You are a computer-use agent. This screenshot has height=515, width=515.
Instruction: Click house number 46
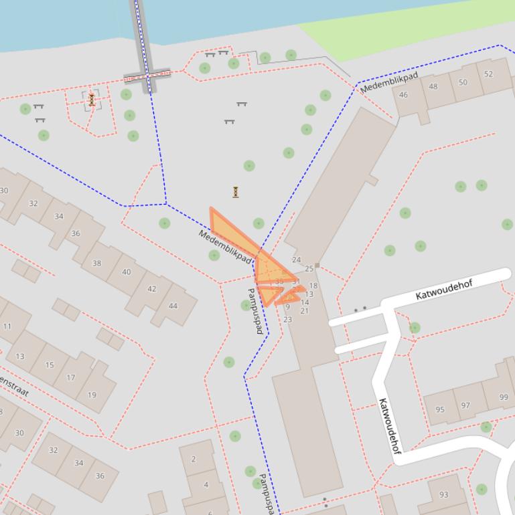point(403,95)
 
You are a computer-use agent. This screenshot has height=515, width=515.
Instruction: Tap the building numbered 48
point(433,86)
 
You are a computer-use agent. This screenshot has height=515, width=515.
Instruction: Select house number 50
point(463,82)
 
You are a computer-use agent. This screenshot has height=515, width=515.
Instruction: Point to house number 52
point(488,74)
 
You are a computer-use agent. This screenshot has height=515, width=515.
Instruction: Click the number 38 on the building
point(96,263)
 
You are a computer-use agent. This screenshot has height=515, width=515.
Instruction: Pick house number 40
point(127,272)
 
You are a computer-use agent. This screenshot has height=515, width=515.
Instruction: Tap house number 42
point(151,289)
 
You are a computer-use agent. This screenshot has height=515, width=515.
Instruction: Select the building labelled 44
point(173,306)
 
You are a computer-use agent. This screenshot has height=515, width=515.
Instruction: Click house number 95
point(440,409)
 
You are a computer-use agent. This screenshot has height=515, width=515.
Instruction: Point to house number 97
point(465,405)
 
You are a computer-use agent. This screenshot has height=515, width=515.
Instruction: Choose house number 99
point(504,397)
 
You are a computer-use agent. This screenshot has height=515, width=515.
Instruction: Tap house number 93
point(444,494)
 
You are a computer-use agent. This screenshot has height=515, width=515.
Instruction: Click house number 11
point(7,326)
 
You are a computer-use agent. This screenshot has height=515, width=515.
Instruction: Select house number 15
point(50,365)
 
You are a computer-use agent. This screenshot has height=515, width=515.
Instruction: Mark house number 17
point(71,377)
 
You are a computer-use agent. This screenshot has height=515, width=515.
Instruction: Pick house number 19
point(92,395)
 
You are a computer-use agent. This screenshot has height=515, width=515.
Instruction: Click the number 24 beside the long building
point(296,260)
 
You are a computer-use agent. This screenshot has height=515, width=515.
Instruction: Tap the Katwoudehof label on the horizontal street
point(444,290)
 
